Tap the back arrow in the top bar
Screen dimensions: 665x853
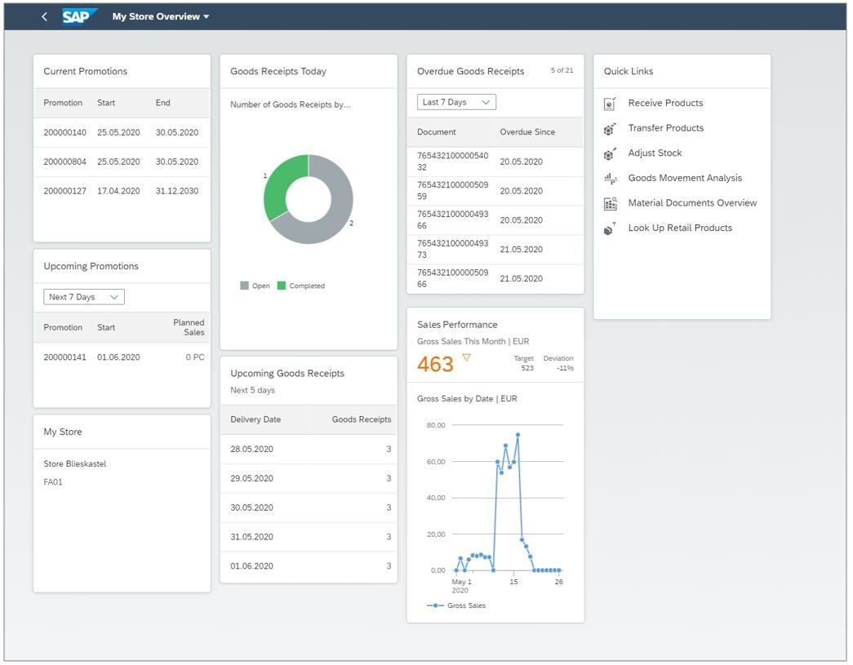pyautogui.click(x=44, y=16)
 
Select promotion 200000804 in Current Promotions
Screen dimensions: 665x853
pyautogui.click(x=64, y=162)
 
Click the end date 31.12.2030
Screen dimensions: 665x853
pyautogui.click(x=177, y=191)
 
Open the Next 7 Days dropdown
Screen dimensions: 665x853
pyautogui.click(x=83, y=297)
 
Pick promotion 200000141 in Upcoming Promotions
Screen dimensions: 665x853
pyautogui.click(x=64, y=357)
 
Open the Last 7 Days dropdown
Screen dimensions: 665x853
pyautogui.click(x=456, y=102)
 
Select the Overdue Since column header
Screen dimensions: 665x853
pyautogui.click(x=526, y=132)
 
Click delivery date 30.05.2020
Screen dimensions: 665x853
pyautogui.click(x=251, y=508)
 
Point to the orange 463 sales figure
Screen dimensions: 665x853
pyautogui.click(x=435, y=364)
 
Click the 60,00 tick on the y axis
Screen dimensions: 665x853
pyautogui.click(x=437, y=462)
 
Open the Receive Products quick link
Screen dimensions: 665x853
pyautogui.click(x=665, y=103)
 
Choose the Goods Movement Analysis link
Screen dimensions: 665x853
pyautogui.click(x=684, y=178)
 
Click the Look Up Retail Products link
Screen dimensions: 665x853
pyautogui.click(x=679, y=228)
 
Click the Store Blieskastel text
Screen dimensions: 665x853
pyautogui.click(x=75, y=464)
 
